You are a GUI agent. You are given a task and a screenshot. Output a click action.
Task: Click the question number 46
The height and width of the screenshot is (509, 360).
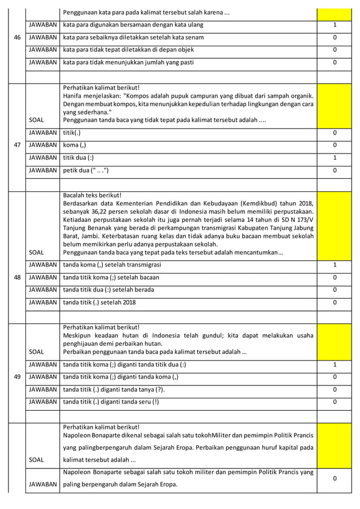16,38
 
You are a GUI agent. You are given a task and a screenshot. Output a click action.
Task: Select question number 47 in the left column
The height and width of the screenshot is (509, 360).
16,145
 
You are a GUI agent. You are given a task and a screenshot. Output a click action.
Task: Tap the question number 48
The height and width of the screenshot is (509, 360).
16,278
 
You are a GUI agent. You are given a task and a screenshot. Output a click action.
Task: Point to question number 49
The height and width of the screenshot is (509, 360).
16,376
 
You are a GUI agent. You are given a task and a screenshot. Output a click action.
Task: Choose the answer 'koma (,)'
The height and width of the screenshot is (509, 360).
74,145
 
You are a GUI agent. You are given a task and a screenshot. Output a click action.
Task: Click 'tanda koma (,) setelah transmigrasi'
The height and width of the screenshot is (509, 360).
112,265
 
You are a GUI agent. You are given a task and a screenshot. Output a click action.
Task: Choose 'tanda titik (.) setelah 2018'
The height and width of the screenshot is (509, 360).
99,302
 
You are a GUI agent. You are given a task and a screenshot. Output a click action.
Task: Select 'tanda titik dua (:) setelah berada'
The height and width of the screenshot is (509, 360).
109,289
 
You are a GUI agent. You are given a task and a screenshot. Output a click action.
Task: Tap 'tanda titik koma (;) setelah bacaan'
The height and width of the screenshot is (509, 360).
111,277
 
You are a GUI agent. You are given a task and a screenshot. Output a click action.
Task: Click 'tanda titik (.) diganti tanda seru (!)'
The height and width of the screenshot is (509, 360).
111,401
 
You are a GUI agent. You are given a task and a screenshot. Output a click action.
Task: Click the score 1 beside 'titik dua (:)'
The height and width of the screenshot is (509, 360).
335,157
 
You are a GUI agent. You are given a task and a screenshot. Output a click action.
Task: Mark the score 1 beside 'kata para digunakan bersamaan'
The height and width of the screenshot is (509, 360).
335,25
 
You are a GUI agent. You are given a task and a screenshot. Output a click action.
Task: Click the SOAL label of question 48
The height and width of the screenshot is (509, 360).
36,252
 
